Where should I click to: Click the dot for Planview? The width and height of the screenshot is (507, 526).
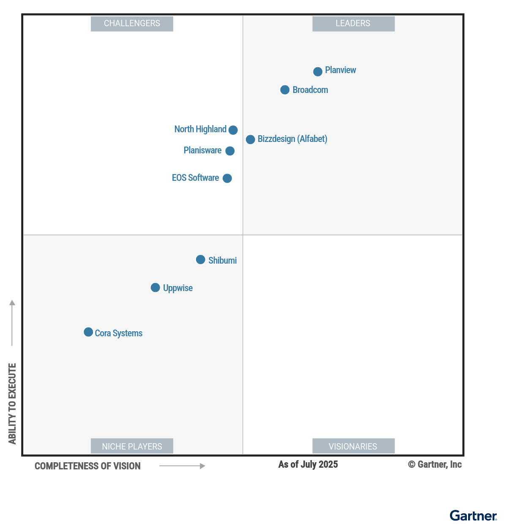tap(318, 71)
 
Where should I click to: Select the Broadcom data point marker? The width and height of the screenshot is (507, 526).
tap(285, 90)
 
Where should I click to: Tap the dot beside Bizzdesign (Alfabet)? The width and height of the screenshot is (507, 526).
tap(250, 139)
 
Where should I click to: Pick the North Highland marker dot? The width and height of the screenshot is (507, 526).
tap(233, 130)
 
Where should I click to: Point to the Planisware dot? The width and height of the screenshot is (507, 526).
tap(230, 151)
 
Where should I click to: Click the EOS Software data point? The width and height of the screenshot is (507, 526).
tap(227, 178)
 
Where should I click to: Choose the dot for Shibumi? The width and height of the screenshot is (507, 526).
tap(201, 259)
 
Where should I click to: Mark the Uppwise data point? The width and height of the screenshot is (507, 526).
tap(155, 288)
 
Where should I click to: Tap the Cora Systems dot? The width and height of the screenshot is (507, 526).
tap(88, 332)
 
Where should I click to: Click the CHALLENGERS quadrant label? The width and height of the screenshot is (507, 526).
tap(132, 24)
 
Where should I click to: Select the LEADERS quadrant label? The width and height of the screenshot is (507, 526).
tap(353, 24)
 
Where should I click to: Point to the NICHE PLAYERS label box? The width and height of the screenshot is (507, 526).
tap(132, 446)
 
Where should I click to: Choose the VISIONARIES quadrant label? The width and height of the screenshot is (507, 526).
tap(353, 446)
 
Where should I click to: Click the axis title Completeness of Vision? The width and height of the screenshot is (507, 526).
tap(87, 466)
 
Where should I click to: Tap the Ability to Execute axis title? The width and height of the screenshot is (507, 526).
tap(12, 403)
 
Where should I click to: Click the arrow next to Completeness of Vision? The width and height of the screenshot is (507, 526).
tap(182, 466)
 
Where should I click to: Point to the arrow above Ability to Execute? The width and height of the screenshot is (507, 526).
tap(12, 322)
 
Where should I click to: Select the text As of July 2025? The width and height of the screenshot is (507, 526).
tap(308, 464)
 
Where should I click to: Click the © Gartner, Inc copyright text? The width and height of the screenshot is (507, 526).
tap(435, 464)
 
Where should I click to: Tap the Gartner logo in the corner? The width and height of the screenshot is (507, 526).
tap(473, 515)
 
